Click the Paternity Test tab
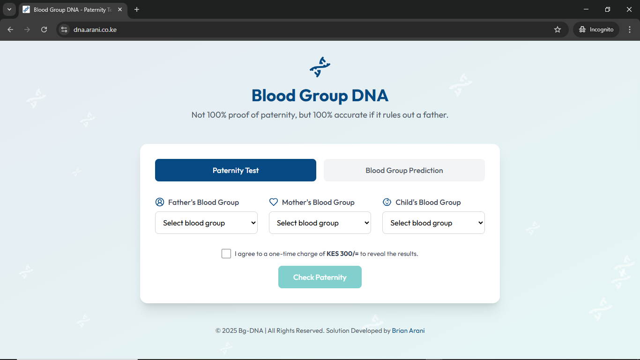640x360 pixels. tap(235, 170)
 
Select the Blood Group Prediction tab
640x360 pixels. tap(404, 170)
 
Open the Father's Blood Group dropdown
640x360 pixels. tap(206, 223)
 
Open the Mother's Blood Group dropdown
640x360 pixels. tap(320, 223)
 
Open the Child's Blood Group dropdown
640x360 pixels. tap(433, 223)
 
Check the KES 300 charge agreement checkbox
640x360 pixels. tap(226, 254)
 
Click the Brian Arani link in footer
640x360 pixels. tap(408, 330)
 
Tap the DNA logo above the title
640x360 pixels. tap(320, 67)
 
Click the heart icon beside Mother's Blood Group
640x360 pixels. tap(274, 202)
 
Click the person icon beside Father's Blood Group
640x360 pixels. tap(160, 202)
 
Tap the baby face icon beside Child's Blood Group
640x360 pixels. tap(387, 202)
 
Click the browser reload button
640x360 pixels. tap(44, 30)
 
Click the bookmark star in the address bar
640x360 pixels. tap(558, 30)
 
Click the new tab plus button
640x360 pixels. tap(137, 9)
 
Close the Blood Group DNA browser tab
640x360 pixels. tap(120, 9)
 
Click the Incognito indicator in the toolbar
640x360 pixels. tap(596, 30)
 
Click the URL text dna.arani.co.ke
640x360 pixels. tap(95, 30)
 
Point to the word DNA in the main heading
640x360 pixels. tap(370, 95)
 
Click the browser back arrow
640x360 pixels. tap(10, 30)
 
